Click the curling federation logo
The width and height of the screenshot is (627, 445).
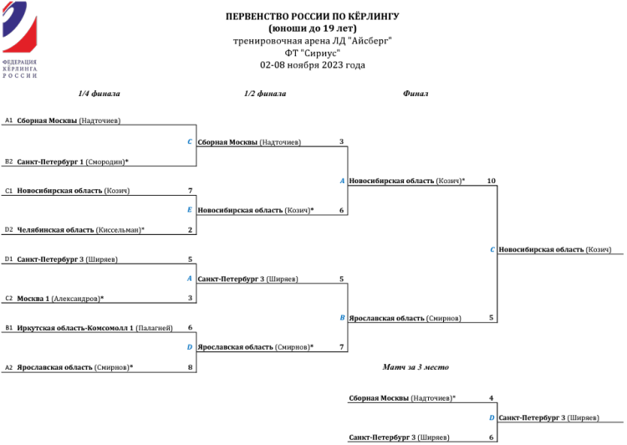(x=20, y=42)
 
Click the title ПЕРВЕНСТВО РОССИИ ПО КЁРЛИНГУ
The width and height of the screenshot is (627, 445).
(x=313, y=16)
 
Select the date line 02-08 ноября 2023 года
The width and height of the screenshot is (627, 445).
(x=313, y=64)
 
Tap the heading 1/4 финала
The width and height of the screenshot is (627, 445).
(x=99, y=94)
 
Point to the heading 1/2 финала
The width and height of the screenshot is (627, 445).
(x=265, y=94)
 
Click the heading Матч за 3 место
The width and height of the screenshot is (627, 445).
(x=415, y=366)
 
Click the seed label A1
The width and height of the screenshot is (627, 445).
(x=8, y=120)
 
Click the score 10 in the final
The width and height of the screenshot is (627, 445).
(x=491, y=181)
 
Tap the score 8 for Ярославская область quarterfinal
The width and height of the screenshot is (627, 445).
(x=191, y=366)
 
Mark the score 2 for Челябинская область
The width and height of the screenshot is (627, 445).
(x=191, y=229)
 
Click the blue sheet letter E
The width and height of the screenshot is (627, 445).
(x=190, y=210)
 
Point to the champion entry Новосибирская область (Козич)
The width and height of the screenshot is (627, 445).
(x=554, y=249)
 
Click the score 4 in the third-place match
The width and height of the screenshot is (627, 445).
(x=492, y=398)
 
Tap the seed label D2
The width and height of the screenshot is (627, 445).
(x=8, y=229)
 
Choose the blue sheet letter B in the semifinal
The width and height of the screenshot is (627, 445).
(x=342, y=318)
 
